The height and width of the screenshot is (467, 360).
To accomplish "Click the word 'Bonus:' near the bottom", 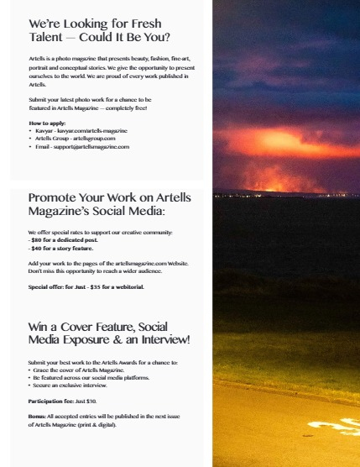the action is pyautogui.click(x=38, y=417).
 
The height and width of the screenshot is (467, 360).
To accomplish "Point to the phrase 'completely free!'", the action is pyautogui.click(x=128, y=108).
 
